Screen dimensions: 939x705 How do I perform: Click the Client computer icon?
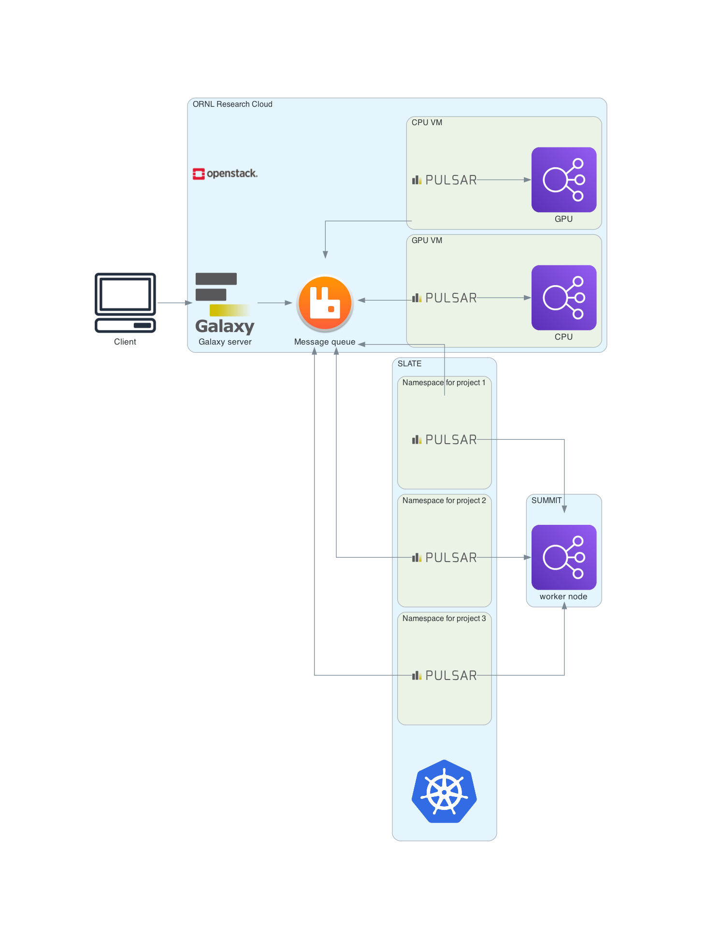click(x=125, y=303)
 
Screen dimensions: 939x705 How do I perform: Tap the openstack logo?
click(x=225, y=173)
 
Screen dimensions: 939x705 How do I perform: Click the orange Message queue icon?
click(x=325, y=303)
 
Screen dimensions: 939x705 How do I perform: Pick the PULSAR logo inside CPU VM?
click(x=445, y=180)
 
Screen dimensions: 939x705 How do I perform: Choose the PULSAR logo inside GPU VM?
click(x=445, y=298)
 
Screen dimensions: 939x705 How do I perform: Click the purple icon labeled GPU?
click(x=564, y=180)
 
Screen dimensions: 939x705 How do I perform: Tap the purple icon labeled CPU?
click(x=564, y=298)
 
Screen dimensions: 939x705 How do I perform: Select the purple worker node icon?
click(x=564, y=557)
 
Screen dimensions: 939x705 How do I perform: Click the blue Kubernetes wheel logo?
click(x=444, y=792)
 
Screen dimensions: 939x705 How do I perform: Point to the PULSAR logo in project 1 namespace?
click(x=445, y=440)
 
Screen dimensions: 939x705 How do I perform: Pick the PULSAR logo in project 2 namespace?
click(x=445, y=558)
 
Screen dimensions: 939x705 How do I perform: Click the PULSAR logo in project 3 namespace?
click(x=445, y=676)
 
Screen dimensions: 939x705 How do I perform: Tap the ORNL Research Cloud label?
click(x=232, y=104)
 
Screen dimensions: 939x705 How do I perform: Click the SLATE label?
click(x=409, y=364)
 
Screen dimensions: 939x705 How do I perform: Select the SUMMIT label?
click(x=547, y=501)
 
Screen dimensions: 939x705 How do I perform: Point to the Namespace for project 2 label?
click(x=444, y=501)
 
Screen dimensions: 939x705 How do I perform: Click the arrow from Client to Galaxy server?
click(x=174, y=303)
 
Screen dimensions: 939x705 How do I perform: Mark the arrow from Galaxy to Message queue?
click(x=274, y=303)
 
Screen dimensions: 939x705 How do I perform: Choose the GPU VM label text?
click(x=427, y=241)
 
